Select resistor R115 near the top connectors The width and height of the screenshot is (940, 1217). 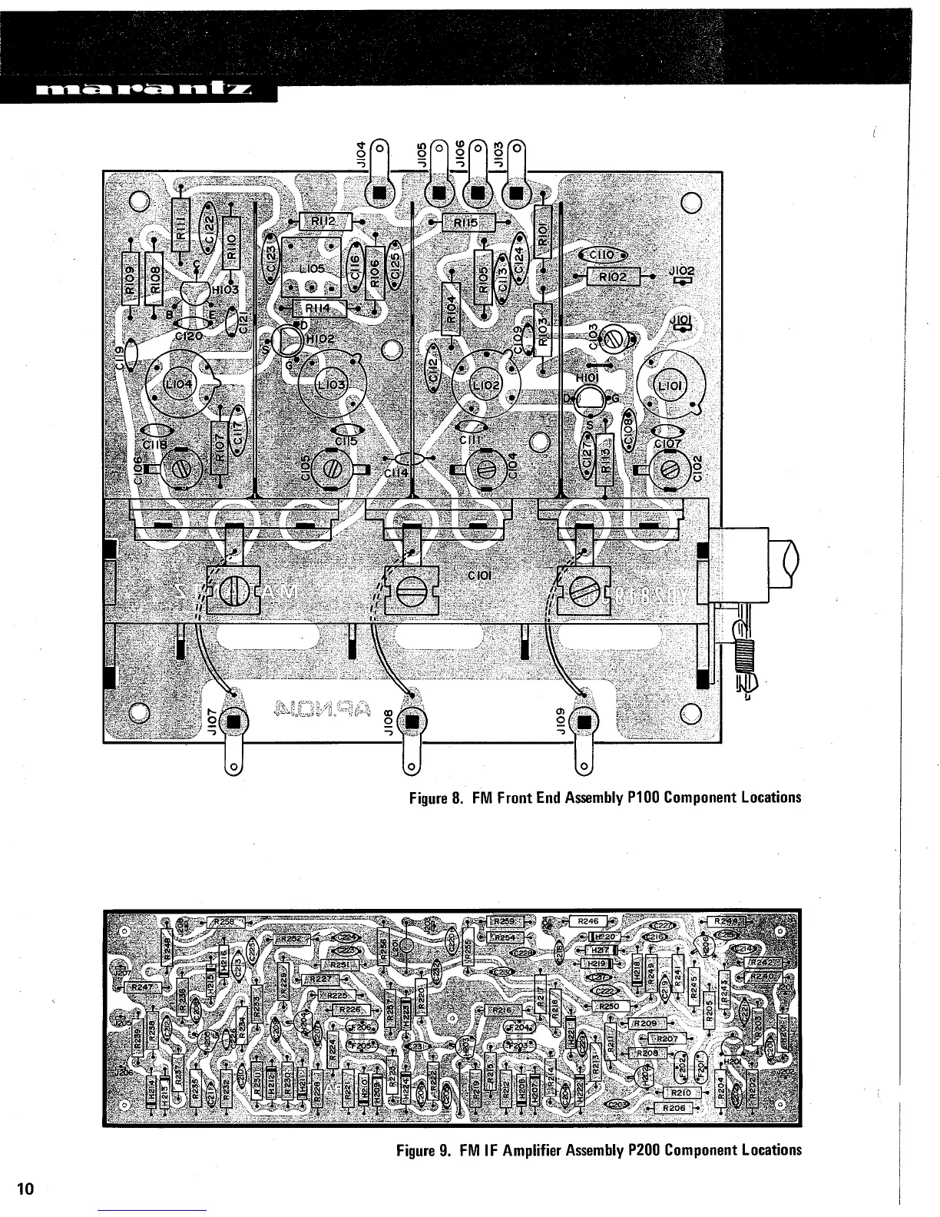tap(467, 223)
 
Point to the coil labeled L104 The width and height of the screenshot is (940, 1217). tap(182, 383)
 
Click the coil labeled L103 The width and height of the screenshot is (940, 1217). tap(330, 383)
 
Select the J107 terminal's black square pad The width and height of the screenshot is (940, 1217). tap(233, 722)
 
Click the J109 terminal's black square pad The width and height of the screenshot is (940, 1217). tap(584, 722)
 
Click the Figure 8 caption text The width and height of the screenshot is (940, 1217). tap(604, 797)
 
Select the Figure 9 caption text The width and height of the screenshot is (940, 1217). tap(598, 1149)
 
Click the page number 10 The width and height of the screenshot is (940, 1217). tap(25, 1189)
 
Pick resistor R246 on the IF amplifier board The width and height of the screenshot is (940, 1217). tap(587, 920)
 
